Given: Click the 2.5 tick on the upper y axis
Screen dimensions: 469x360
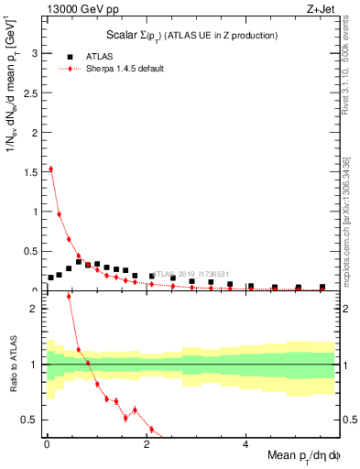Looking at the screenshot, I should tap(30, 93).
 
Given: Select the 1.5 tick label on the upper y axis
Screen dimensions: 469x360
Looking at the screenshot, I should tap(30, 172).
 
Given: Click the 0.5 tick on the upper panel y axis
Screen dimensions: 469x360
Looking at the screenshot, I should tap(30, 251).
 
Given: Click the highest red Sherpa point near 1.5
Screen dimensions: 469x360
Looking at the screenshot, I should tap(51, 169).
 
